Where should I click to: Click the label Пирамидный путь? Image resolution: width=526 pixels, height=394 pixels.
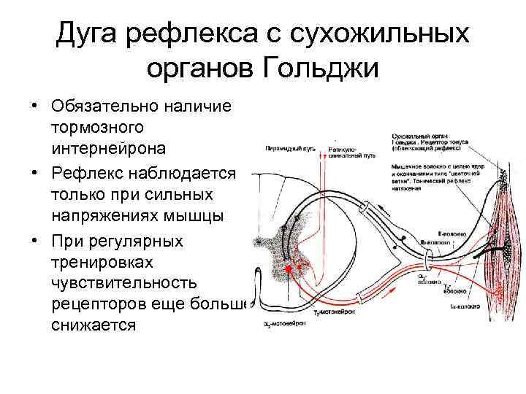pyautogui.click(x=287, y=147)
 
